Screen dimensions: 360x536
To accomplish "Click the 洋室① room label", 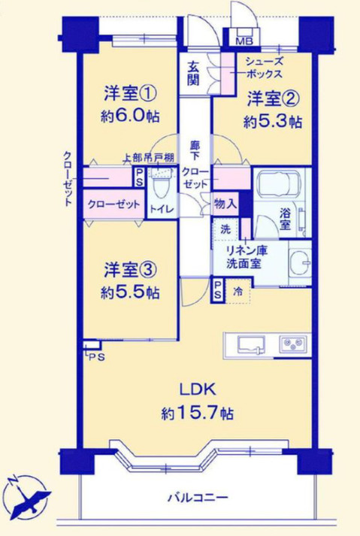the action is [130, 94].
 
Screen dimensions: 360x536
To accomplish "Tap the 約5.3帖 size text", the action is [273, 121].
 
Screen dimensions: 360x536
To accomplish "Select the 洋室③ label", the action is [130, 270].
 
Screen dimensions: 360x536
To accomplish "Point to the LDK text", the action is [198, 389].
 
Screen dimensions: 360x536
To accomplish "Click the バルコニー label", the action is [198, 497].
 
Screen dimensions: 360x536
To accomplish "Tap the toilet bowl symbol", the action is [159, 187].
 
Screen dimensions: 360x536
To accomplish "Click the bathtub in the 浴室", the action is [279, 184].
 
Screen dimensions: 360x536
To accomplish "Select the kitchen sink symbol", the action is [252, 344].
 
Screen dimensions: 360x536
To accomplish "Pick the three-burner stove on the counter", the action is [292, 344].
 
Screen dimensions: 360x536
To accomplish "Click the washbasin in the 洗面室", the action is [299, 263].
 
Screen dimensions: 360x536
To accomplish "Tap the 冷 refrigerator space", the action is [238, 292].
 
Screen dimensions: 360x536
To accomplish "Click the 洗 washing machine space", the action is [225, 229].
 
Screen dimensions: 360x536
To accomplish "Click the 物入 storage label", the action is [225, 204].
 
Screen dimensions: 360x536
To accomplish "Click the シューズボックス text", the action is [265, 68].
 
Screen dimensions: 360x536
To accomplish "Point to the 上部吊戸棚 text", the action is [149, 158].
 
